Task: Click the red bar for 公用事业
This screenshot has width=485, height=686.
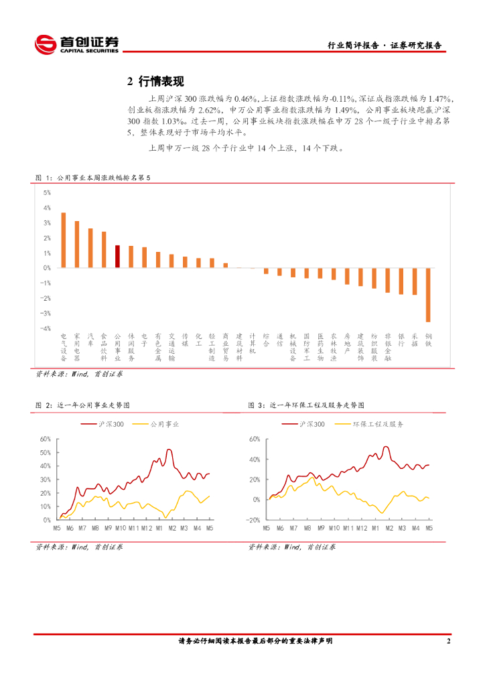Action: pyautogui.click(x=117, y=257)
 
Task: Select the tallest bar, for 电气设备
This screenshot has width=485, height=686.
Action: pyautogui.click(x=64, y=241)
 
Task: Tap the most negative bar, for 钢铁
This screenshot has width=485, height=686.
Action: pyautogui.click(x=428, y=295)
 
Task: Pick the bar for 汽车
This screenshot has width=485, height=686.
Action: pyautogui.click(x=90, y=248)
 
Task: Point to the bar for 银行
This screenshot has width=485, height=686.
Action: pyautogui.click(x=401, y=281)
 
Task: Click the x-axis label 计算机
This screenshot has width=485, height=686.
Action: pyautogui.click(x=253, y=343)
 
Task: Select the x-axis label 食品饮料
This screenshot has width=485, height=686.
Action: pyautogui.click(x=104, y=346)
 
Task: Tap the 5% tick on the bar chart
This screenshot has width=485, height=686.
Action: pyautogui.click(x=48, y=192)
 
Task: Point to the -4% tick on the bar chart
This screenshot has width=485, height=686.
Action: pyautogui.click(x=47, y=329)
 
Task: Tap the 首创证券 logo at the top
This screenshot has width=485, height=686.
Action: pyautogui.click(x=76, y=44)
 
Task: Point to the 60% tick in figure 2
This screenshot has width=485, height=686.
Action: pyautogui.click(x=46, y=439)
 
